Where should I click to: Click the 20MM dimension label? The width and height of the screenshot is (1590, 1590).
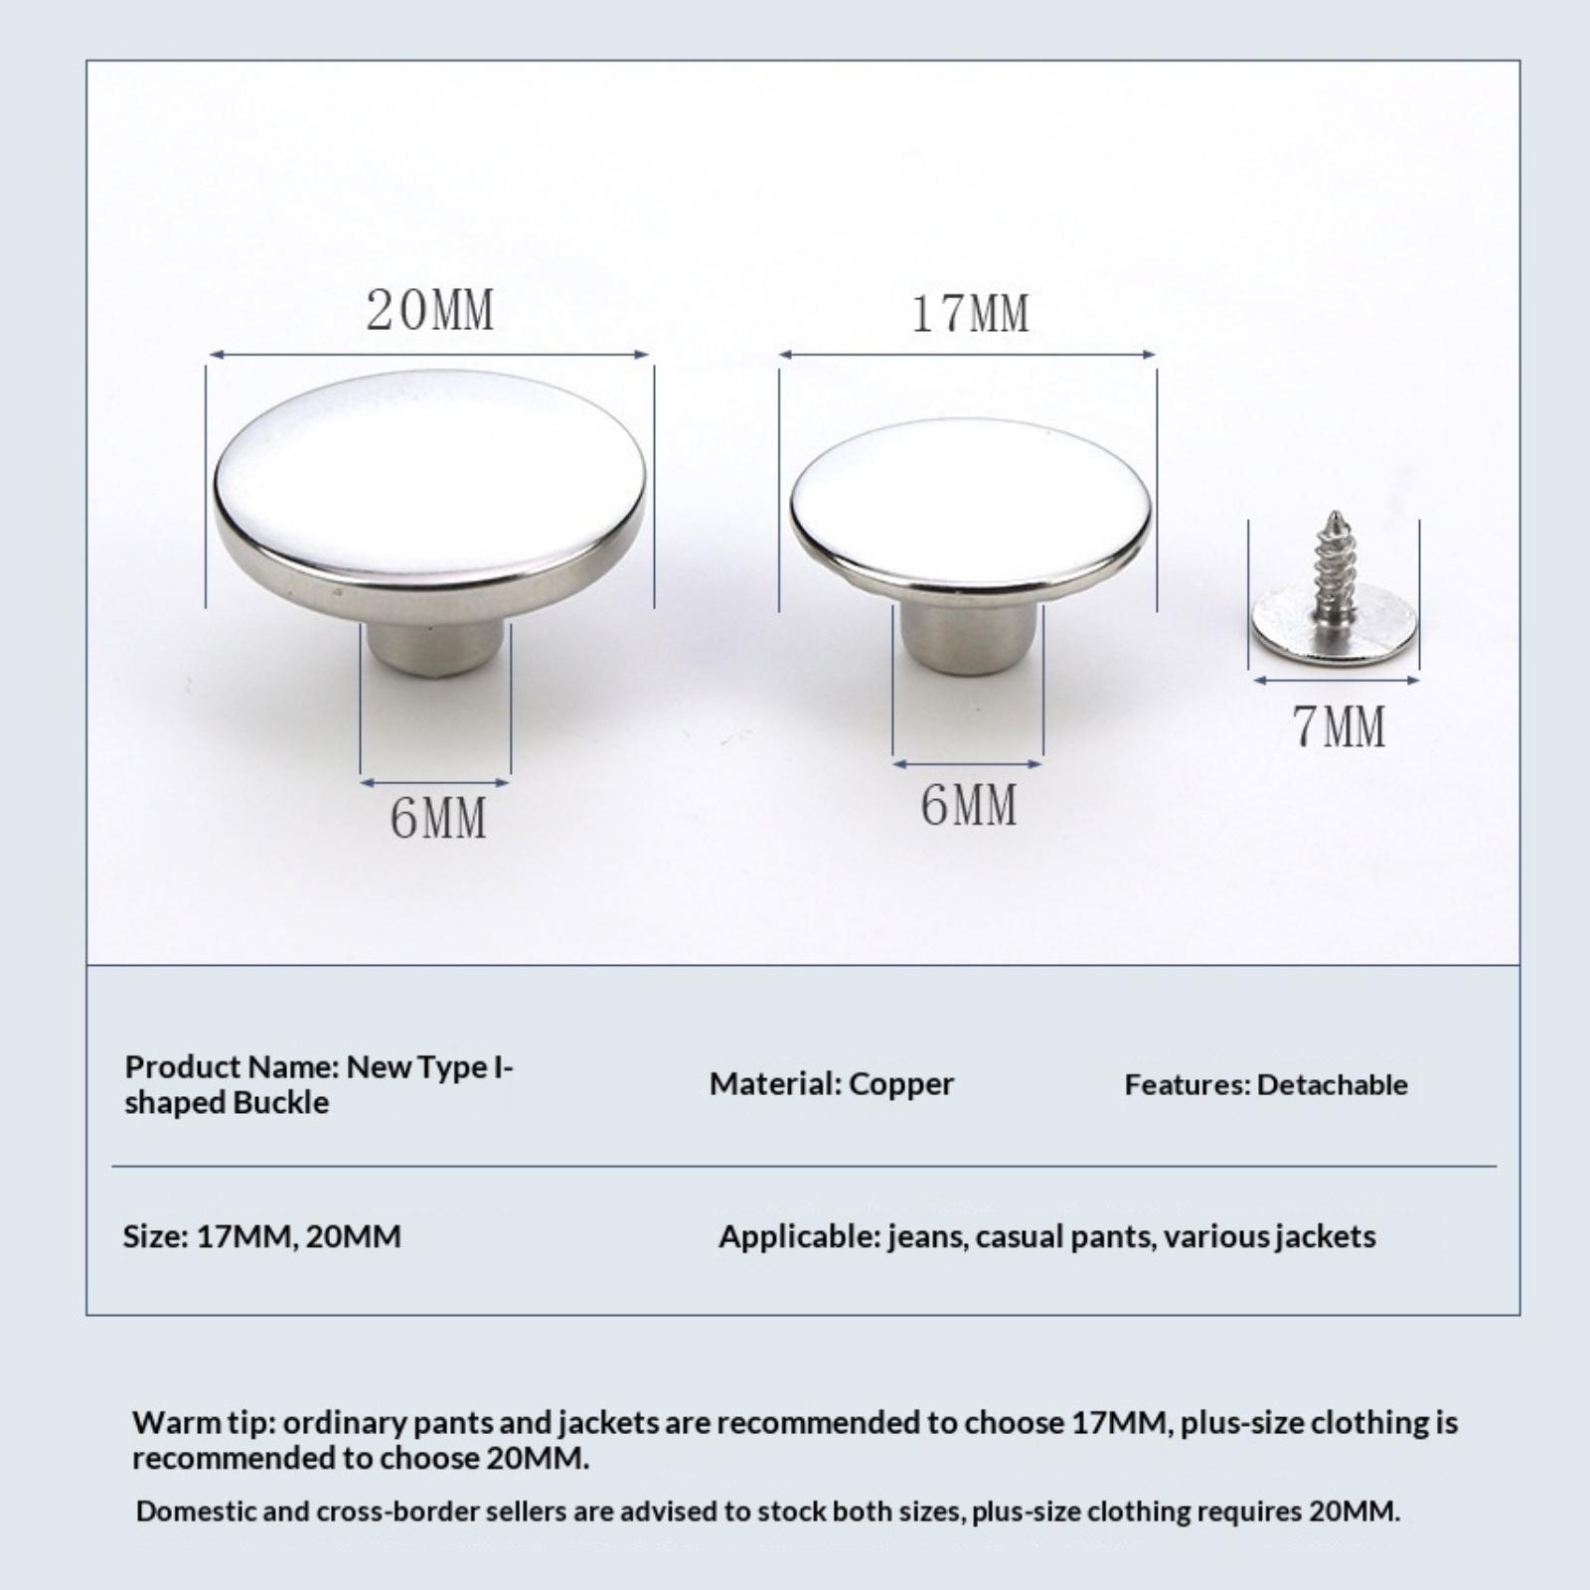coord(429,310)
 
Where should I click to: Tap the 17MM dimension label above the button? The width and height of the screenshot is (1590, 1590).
coord(970,314)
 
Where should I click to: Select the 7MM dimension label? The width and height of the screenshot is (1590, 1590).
coord(1339,726)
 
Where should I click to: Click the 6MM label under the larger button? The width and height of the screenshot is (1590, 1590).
coord(437,819)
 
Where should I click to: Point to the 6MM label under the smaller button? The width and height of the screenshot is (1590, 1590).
coord(969,805)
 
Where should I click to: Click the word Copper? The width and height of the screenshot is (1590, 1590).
coord(901,1084)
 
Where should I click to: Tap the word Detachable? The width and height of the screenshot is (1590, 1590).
coord(1332,1084)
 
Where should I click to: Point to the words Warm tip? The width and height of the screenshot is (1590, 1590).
coord(202,1423)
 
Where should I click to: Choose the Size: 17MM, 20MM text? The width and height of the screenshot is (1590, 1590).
coord(262,1237)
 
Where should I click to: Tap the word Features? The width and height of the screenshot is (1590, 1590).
coord(1187,1084)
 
